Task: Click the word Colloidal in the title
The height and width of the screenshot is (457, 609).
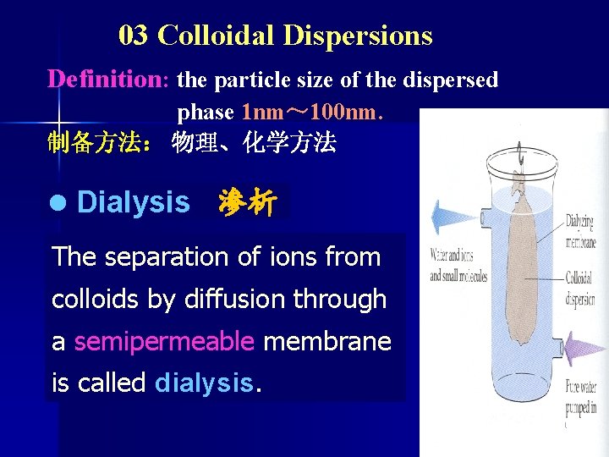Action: pos(217,36)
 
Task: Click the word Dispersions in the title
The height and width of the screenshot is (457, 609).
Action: pos(358,36)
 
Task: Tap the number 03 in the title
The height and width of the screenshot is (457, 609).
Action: pos(134,36)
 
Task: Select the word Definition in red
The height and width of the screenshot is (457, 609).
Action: pos(107,80)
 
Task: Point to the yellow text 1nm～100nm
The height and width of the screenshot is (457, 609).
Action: pos(311,112)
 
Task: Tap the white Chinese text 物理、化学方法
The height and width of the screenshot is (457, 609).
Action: pos(254,142)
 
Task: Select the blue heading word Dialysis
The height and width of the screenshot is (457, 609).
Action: pos(133,203)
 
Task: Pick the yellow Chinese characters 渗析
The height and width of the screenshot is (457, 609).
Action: pos(246,203)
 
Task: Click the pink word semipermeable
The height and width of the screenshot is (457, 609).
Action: pos(164,341)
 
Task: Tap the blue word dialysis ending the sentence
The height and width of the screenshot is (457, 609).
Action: pos(204,383)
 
